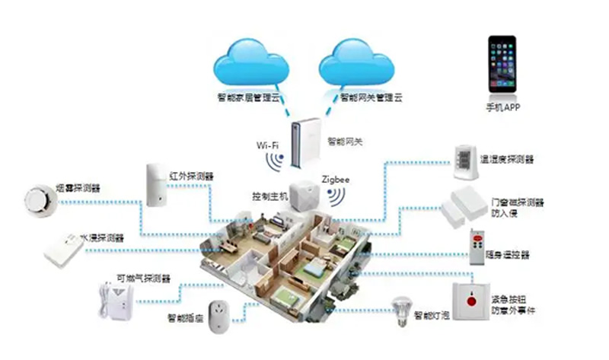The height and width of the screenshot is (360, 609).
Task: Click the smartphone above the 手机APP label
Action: coord(502,65)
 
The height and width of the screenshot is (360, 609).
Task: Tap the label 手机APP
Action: coord(502,107)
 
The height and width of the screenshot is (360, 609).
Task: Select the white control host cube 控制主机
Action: coord(303,194)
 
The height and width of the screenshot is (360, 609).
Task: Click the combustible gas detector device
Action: coord(112,299)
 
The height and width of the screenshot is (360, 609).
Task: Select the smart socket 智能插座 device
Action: coord(225,312)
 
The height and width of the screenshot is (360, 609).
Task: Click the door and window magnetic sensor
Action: coord(464,205)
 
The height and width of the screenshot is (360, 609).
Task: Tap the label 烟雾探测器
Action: coord(78,187)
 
